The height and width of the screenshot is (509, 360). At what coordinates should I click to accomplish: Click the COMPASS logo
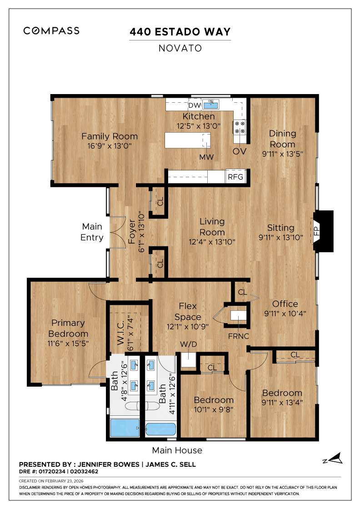coord(51,31)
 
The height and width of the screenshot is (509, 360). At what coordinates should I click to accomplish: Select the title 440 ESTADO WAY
coord(180,32)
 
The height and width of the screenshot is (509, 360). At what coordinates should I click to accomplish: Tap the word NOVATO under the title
coord(180,48)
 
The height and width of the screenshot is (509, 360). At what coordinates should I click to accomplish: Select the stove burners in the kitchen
coord(240,127)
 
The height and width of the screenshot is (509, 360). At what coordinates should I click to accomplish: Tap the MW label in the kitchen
coord(206,157)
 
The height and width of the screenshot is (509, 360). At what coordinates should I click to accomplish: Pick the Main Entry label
coord(92,232)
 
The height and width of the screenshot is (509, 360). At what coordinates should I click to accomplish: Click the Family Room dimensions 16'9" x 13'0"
coord(109,147)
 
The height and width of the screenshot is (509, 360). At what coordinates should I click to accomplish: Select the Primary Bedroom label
coord(68,328)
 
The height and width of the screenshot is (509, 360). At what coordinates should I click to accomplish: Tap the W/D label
coord(188,344)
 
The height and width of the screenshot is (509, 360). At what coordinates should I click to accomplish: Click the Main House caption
coord(177,450)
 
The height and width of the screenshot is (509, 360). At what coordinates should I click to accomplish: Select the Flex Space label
coord(187,311)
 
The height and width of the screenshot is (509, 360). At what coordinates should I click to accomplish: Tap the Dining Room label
coord(282,139)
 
